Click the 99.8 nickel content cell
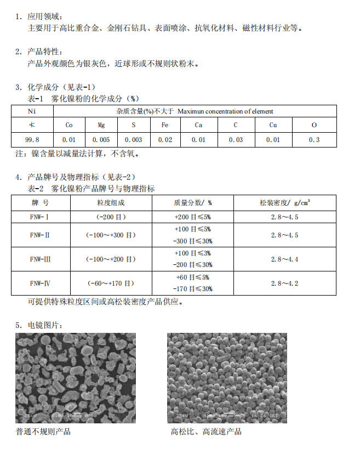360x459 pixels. coord(32,140)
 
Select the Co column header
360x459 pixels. coord(69,126)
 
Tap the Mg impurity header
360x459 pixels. coord(101,126)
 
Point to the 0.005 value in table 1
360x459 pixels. coord(101,140)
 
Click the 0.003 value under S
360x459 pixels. coord(133,140)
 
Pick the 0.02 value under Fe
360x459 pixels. coord(165,140)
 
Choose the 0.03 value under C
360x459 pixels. coord(236,140)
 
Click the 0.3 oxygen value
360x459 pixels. coord(314,140)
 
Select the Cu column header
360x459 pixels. coord(273,126)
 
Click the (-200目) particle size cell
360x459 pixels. coord(111,217)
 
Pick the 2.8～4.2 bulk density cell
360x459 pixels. coord(284,283)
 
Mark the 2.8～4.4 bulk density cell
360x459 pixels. coord(284,259)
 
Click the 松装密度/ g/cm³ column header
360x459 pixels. coord(284,203)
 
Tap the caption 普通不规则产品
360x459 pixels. coord(43,432)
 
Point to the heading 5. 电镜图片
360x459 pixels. coord(39,326)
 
